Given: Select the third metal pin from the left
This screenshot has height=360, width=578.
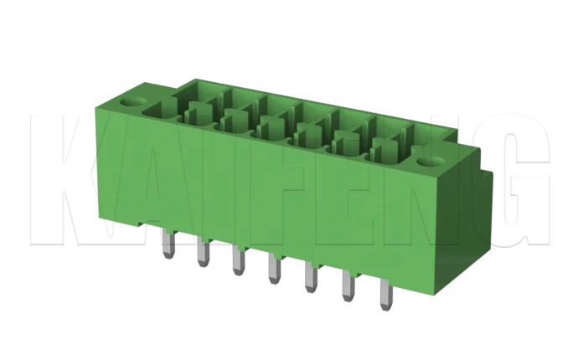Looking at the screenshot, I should [x=239, y=261].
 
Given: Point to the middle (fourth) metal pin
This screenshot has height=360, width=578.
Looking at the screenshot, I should [x=274, y=270].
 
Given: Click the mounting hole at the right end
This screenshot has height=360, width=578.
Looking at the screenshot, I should [x=435, y=160].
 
